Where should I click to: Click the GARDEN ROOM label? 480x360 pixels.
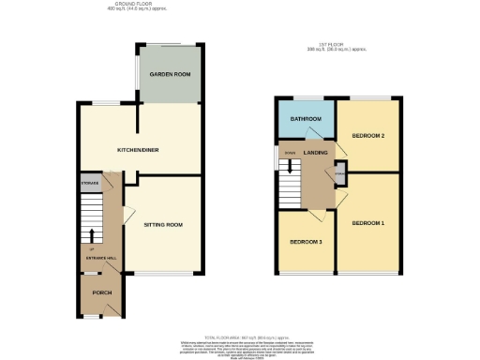170,74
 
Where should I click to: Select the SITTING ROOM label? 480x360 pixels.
162,225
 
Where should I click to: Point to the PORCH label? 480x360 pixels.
101,293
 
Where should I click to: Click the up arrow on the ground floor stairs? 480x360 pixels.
91,234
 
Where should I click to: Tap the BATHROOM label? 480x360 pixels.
306,120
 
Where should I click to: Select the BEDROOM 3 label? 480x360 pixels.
307,242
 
